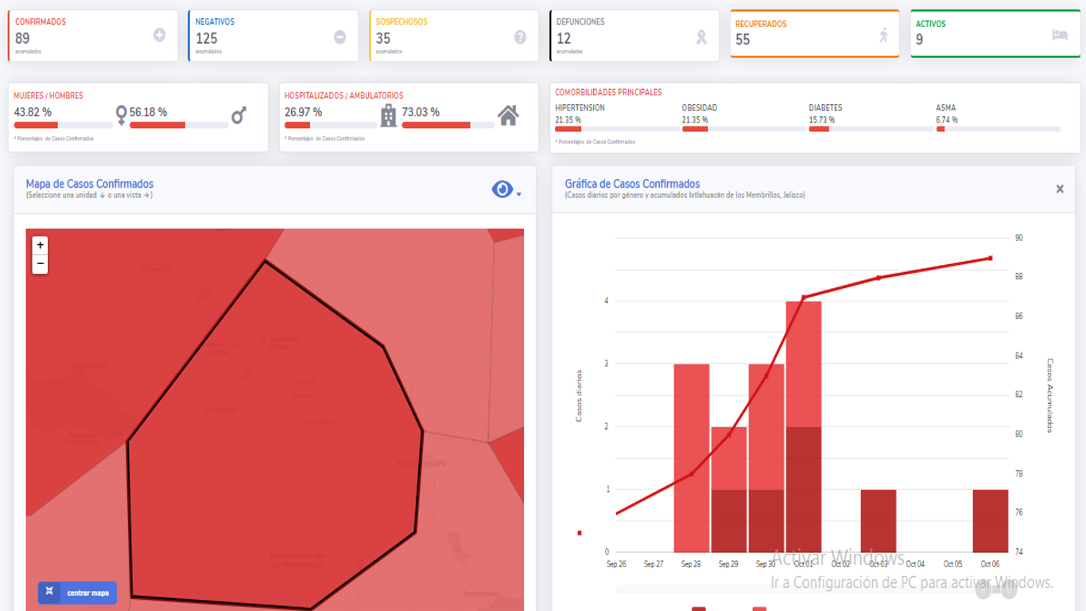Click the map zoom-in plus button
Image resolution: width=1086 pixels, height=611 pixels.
[x=40, y=245]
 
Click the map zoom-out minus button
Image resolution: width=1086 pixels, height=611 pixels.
[x=40, y=264]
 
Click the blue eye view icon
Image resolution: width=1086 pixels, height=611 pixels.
[x=502, y=189]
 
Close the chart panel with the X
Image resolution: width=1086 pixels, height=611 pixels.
[x=1059, y=189]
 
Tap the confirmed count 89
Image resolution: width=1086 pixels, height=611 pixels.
[x=22, y=38]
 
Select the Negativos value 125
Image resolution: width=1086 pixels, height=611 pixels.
[x=206, y=38]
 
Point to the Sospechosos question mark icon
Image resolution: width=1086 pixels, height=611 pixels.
[x=520, y=37]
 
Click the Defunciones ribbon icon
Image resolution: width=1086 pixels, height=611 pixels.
[x=701, y=37]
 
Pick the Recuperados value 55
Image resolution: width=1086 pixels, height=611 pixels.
[x=743, y=40]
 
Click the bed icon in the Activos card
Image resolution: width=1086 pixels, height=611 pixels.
[x=1059, y=35]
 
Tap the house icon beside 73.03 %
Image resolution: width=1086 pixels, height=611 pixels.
[x=508, y=116]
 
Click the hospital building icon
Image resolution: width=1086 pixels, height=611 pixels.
[x=388, y=116]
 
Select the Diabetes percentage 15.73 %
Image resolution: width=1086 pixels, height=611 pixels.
[x=822, y=120]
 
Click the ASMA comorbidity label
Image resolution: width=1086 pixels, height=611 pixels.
[x=945, y=107]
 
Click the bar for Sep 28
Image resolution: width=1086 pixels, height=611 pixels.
[x=691, y=457]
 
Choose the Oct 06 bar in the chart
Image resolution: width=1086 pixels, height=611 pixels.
[x=990, y=520]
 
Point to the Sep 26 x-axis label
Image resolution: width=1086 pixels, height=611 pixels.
[x=616, y=564]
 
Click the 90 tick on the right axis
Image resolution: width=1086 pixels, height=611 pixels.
[x=1018, y=238]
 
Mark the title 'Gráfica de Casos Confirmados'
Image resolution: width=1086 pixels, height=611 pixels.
[x=632, y=184]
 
